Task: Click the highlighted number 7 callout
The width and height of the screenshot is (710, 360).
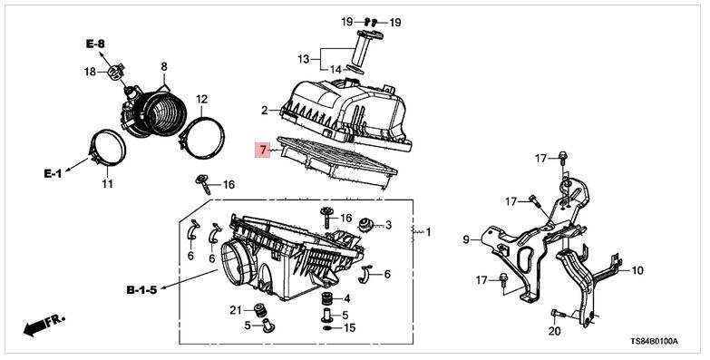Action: click(263, 149)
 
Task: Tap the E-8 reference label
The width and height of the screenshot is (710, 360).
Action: click(95, 44)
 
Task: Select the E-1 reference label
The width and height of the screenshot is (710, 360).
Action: click(53, 173)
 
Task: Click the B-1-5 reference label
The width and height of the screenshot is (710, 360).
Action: click(141, 290)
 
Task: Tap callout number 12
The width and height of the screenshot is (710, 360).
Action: click(201, 98)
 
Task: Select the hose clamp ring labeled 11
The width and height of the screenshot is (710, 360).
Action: click(108, 148)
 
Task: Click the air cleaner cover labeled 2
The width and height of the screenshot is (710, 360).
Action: click(346, 114)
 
